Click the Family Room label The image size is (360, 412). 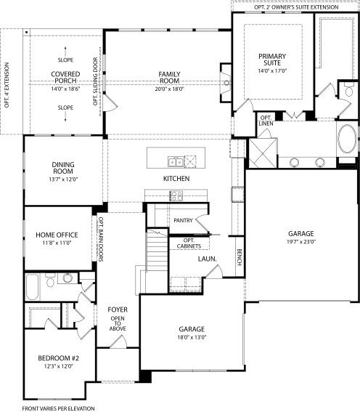(170, 78)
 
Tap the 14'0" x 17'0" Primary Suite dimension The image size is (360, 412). (272, 70)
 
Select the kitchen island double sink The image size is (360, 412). (176, 161)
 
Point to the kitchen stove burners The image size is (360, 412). (176, 195)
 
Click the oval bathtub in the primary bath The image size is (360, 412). (348, 139)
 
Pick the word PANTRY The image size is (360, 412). (183, 220)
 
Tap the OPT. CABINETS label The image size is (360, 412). (189, 243)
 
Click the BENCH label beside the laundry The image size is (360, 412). (240, 257)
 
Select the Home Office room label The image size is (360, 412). (57, 235)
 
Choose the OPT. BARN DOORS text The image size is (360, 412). (100, 239)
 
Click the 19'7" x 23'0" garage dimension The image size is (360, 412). (301, 241)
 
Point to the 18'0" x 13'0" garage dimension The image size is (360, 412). (192, 337)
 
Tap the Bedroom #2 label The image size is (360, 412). (59, 358)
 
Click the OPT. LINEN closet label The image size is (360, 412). (266, 121)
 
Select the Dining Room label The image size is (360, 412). (63, 168)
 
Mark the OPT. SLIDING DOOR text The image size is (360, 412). (95, 81)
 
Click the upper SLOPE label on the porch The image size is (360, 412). (65, 60)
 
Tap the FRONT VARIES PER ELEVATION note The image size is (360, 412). (58, 408)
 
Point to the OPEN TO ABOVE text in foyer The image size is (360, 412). (118, 323)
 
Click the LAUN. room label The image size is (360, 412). (208, 259)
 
